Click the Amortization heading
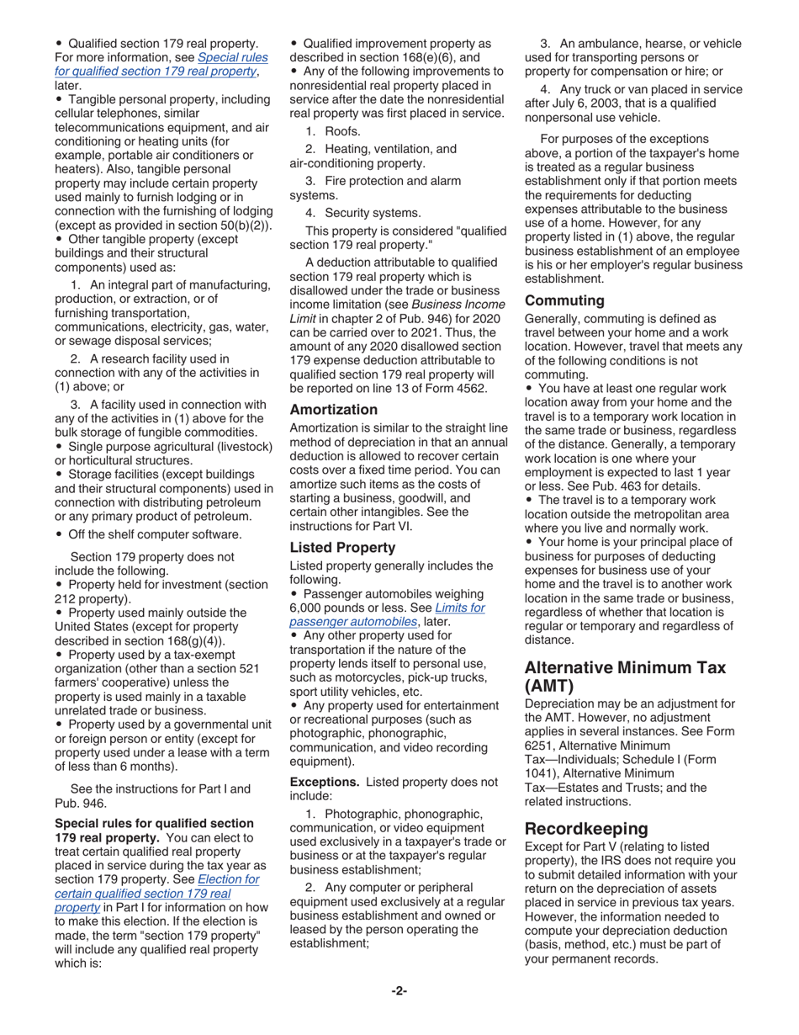[x=333, y=410]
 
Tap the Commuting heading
[x=564, y=300]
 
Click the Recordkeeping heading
[x=586, y=828]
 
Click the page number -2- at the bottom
[x=399, y=991]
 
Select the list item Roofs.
[x=342, y=131]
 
